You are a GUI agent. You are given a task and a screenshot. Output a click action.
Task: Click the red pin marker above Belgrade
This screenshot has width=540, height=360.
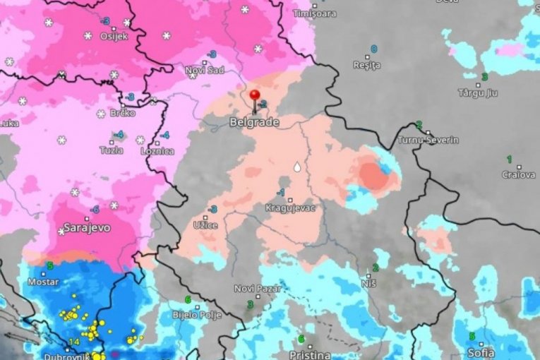(255, 96)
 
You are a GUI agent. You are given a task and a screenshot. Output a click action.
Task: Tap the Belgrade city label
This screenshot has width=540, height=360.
(255, 122)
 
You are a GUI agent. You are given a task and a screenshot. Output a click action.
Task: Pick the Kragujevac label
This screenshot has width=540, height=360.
(289, 208)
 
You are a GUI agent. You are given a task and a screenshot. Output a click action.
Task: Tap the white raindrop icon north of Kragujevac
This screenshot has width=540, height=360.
(297, 167)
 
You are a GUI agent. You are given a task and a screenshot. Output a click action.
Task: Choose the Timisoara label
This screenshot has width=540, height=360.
(314, 13)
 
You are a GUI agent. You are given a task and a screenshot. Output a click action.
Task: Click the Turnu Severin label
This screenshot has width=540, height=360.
(428, 140)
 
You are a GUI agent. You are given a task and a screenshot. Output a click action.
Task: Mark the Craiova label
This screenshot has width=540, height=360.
(518, 174)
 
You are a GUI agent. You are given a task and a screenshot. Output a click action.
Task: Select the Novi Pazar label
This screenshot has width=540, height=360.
(258, 288)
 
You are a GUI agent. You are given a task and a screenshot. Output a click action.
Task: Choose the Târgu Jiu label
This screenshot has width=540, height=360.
(478, 92)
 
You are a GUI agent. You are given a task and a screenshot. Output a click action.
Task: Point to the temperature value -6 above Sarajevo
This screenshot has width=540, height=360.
(94, 210)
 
